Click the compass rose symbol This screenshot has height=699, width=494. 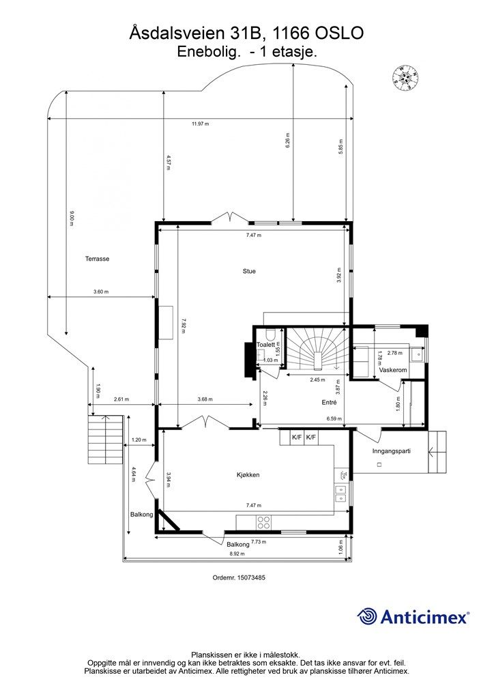(x=405, y=78)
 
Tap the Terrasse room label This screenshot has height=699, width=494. (x=97, y=259)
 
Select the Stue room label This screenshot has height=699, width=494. (x=249, y=271)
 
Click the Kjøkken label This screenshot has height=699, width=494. (x=248, y=475)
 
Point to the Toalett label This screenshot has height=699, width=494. (x=266, y=345)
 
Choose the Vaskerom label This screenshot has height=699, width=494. (x=393, y=371)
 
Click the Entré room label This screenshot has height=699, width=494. (x=329, y=402)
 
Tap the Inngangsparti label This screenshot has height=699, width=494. (x=391, y=451)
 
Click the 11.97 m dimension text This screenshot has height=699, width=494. (x=201, y=124)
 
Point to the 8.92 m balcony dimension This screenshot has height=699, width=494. (x=237, y=554)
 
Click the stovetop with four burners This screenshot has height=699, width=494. (x=263, y=522)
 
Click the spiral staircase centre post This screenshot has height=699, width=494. (x=317, y=360)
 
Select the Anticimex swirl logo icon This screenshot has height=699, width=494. (x=368, y=616)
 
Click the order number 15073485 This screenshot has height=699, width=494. (x=251, y=577)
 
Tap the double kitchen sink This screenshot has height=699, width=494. (x=340, y=493)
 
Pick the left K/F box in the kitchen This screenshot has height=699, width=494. (x=297, y=438)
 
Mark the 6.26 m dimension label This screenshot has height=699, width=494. (x=288, y=140)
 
